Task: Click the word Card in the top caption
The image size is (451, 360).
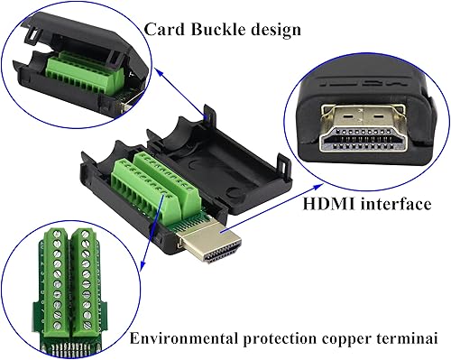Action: [165, 30]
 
